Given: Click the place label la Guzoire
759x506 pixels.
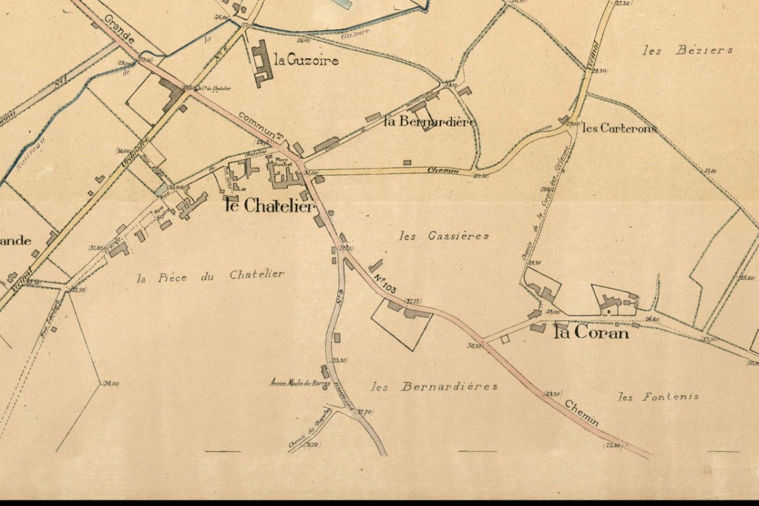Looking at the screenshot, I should coord(307,61).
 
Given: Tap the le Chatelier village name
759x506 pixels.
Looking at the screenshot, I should coord(269,206).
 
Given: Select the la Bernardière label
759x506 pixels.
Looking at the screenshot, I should coord(430,122).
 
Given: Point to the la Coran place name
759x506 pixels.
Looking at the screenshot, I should coord(591,333).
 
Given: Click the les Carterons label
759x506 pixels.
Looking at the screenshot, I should coord(619,128).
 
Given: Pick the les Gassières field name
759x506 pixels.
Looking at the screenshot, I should coord(445,236).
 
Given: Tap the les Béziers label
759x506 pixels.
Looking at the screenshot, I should coord(687,51).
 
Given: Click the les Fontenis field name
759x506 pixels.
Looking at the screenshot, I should coord(658,397).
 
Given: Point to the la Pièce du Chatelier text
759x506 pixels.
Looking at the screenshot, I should coord(211,275).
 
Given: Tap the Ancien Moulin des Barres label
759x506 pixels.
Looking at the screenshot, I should coord(300,382).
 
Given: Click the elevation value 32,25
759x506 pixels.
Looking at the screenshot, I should coord(414,301).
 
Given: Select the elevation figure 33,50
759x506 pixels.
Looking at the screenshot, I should coord(340,360).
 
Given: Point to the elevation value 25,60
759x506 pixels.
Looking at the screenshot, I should coord(747,278).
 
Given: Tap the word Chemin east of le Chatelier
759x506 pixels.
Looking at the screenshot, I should coord(442,170).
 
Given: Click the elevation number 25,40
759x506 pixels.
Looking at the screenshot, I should coord(710,171).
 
